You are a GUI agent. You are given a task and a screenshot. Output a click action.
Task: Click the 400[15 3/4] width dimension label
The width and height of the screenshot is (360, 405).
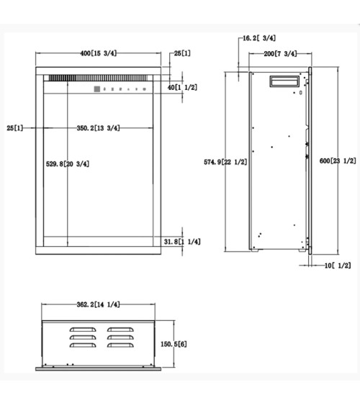click(x=99, y=53)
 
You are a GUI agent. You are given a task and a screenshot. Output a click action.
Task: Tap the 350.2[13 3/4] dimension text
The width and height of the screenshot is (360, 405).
click(x=98, y=128)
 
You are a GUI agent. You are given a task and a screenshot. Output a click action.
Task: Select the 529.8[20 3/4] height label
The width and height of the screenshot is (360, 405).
click(x=68, y=164)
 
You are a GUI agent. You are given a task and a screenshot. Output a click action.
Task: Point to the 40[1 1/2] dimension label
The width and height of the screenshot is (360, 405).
click(x=182, y=88)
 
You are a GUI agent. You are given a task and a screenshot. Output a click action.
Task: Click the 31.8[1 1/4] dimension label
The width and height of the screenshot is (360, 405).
click(x=182, y=242)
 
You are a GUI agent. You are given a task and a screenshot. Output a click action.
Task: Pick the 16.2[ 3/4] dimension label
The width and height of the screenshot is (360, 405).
click(x=259, y=38)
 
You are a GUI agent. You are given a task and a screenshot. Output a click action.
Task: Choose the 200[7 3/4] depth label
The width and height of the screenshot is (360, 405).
click(x=280, y=54)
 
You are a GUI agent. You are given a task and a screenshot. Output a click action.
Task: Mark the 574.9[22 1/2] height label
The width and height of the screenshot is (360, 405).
click(x=225, y=162)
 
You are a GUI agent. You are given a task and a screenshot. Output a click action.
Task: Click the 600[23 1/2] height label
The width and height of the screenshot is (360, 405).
click(x=338, y=161)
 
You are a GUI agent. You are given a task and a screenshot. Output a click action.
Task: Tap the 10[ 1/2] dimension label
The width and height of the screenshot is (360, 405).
click(x=338, y=265)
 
